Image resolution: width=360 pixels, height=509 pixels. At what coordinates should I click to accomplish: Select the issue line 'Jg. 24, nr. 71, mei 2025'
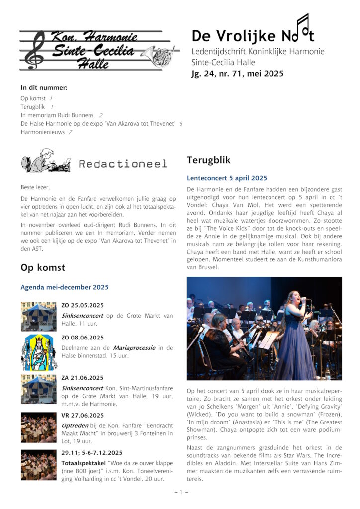click(x=237, y=74)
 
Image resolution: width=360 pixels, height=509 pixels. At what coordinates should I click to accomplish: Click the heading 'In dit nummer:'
click(x=44, y=88)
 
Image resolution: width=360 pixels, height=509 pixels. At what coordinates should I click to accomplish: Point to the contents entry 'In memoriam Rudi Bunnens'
click(x=59, y=115)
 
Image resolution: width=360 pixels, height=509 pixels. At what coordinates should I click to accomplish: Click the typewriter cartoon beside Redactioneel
click(x=46, y=161)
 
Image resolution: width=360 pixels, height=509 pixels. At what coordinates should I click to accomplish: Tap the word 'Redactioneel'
click(x=123, y=164)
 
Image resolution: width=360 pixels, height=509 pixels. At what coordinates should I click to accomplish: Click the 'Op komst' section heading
click(x=43, y=268)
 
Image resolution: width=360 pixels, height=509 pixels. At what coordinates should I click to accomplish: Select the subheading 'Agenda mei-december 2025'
click(x=64, y=287)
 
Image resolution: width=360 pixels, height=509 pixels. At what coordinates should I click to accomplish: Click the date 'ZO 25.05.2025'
click(x=83, y=305)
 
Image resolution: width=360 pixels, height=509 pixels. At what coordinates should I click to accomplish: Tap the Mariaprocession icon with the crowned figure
click(x=39, y=352)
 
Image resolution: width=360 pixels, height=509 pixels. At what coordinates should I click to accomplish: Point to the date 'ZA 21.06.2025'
click(x=83, y=378)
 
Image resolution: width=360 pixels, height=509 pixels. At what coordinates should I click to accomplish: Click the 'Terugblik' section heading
click(x=208, y=160)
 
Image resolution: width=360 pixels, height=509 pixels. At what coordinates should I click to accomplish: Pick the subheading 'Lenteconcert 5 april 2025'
click(x=227, y=178)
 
